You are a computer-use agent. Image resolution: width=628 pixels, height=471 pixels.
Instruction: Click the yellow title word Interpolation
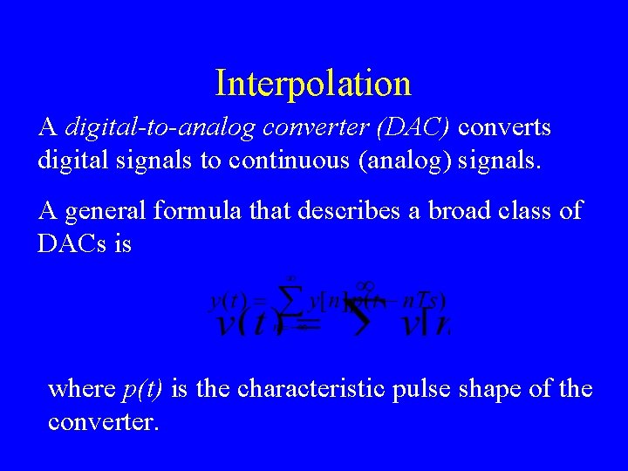coord(313,84)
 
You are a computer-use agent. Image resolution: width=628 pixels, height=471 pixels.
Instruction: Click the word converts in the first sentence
coord(505,128)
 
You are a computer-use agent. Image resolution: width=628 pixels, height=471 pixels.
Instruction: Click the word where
coord(81,388)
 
